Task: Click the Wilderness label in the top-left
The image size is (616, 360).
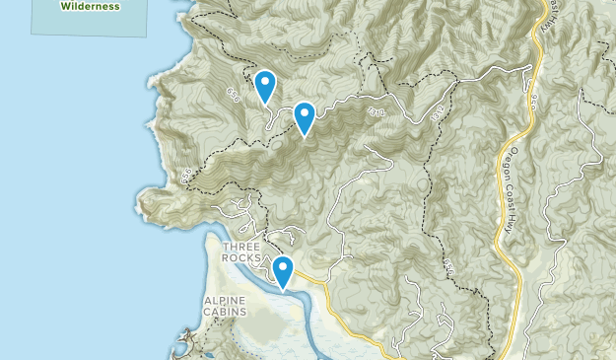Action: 90,6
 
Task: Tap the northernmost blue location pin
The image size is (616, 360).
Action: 264,87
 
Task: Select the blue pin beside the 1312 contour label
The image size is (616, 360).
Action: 305,118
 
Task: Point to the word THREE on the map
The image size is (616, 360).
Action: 242,247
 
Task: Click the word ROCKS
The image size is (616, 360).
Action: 242,257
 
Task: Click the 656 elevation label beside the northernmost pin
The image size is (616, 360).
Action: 234,95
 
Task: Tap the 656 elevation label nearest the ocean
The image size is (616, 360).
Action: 186,176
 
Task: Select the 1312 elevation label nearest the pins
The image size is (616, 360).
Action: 376,114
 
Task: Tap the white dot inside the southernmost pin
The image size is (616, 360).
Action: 283,265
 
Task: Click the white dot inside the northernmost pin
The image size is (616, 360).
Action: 264,80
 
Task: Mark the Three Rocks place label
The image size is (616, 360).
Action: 242,252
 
